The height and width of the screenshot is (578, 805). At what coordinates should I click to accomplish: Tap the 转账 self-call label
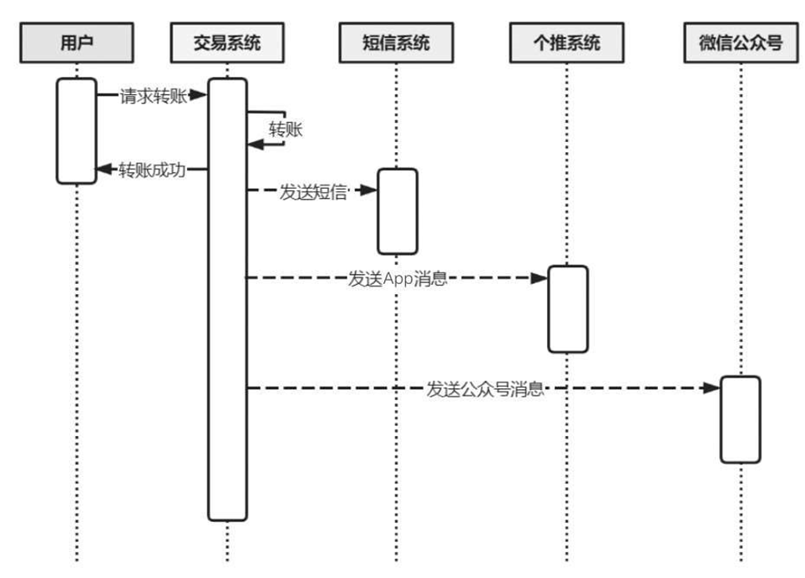pyautogui.click(x=286, y=129)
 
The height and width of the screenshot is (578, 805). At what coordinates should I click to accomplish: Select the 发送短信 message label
pyautogui.click(x=312, y=191)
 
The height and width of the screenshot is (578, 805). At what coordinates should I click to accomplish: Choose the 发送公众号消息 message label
pyautogui.click(x=485, y=388)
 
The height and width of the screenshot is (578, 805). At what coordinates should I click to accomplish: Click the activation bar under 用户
pyautogui.click(x=77, y=130)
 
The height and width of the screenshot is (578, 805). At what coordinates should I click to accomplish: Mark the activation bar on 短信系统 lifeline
pyautogui.click(x=397, y=210)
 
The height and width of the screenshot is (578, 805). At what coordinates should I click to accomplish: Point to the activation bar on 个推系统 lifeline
pyautogui.click(x=568, y=308)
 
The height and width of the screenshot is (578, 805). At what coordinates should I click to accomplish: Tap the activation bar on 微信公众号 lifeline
pyautogui.click(x=741, y=418)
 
